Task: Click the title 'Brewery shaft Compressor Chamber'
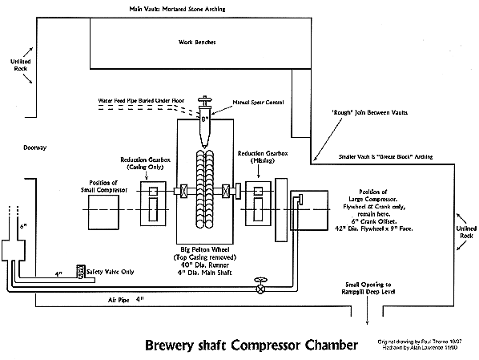(x=250, y=346)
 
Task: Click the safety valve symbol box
(x=80, y=273)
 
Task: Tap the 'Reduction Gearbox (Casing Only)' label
(x=144, y=164)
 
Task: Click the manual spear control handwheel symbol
(x=207, y=104)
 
